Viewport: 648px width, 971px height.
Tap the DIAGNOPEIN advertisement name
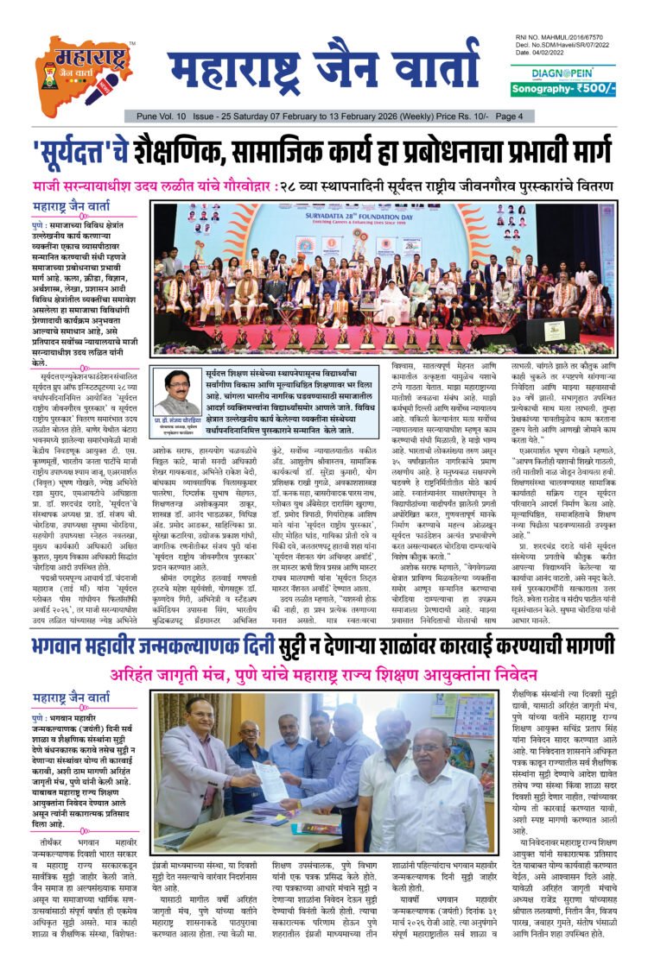[x=562, y=73]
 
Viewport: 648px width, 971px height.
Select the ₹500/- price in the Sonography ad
[x=592, y=89]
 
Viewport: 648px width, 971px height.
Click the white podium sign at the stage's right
[x=545, y=329]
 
